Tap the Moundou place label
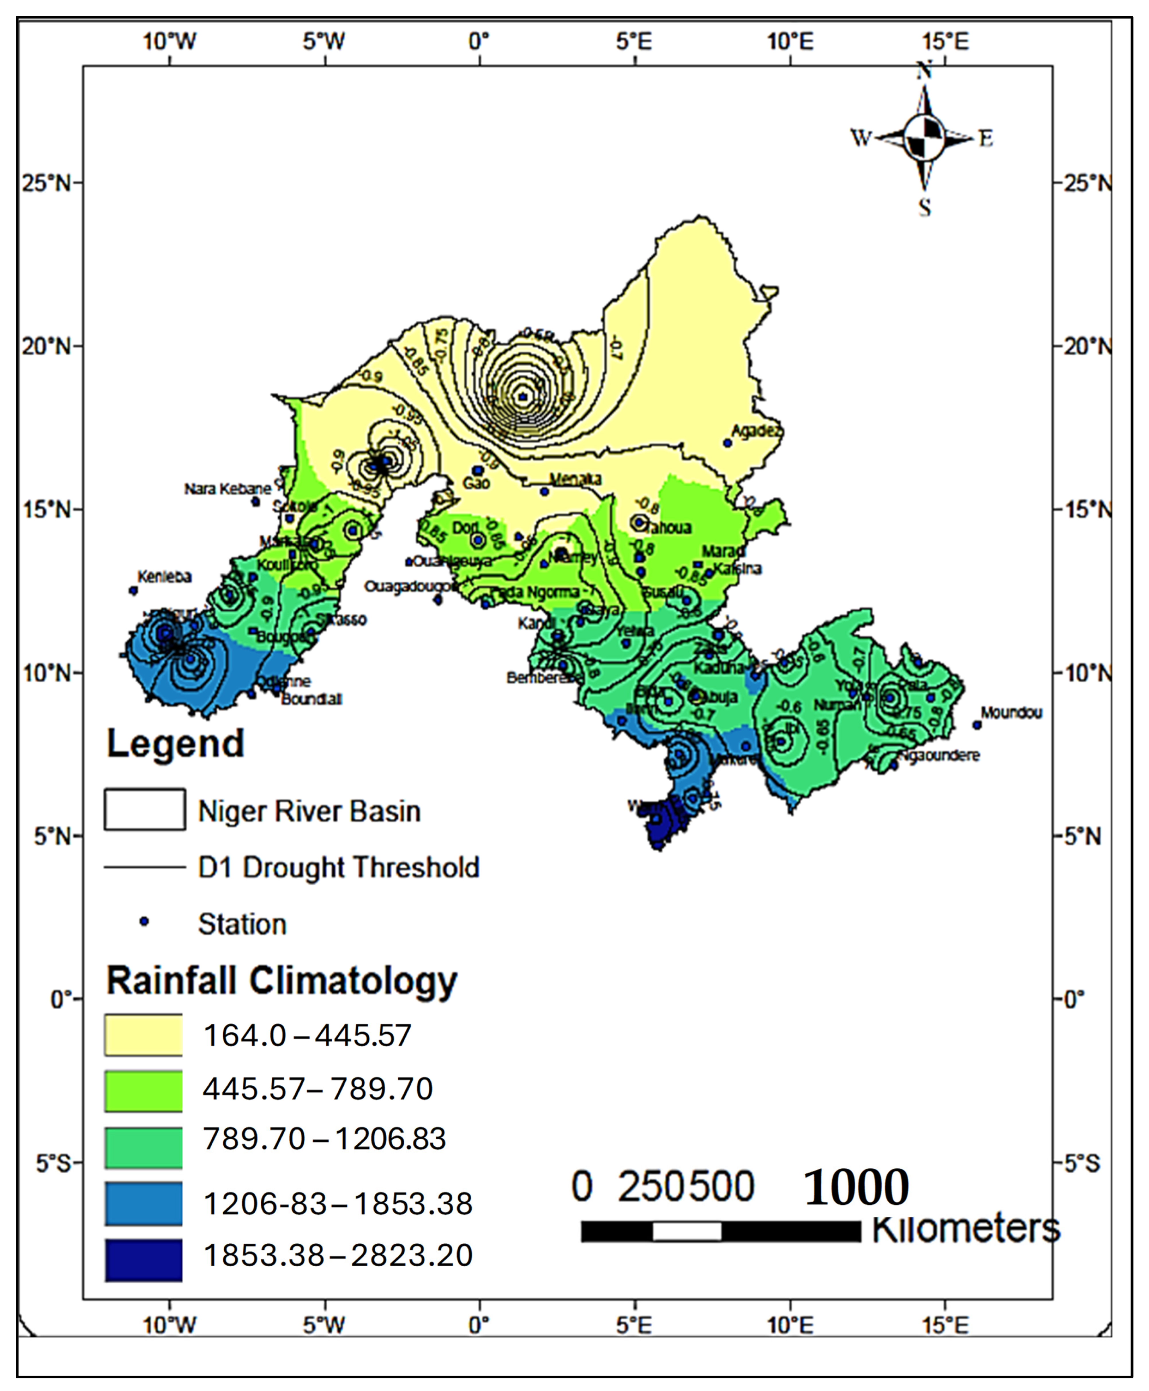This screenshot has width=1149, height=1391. (x=1011, y=712)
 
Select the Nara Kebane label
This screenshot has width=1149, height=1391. (x=228, y=489)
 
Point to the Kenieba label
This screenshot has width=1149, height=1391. (x=164, y=577)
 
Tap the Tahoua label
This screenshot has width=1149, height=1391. (x=668, y=528)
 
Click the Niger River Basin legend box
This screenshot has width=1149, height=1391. (x=144, y=809)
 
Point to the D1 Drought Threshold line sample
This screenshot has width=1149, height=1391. (x=144, y=867)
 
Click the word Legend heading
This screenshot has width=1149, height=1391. (x=175, y=744)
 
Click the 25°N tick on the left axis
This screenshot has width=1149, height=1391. (x=46, y=183)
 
